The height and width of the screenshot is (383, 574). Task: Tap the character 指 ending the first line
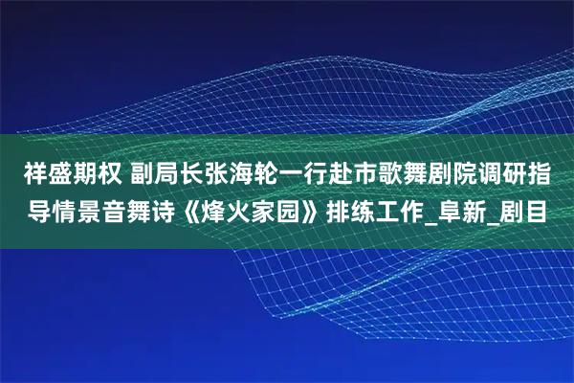[x=552, y=174]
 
